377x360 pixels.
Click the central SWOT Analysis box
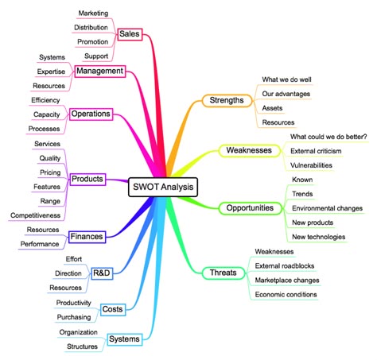pyautogui.click(x=163, y=187)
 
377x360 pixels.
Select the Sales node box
pyautogui.click(x=130, y=34)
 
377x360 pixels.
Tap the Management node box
pyautogui.click(x=100, y=71)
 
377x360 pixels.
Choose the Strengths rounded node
pyautogui.click(x=227, y=100)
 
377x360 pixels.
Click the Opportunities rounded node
pyautogui.click(x=250, y=208)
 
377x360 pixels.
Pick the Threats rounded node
pyautogui.click(x=223, y=273)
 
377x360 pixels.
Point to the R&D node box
pyautogui.click(x=102, y=273)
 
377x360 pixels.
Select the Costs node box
pyautogui.click(x=113, y=309)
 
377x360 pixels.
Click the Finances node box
pyautogui.click(x=87, y=237)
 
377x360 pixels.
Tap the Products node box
pyautogui.click(x=87, y=179)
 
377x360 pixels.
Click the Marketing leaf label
pyautogui.click(x=93, y=14)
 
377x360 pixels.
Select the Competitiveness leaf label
pyautogui.click(x=36, y=215)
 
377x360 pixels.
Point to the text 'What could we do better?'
pyautogui.click(x=328, y=137)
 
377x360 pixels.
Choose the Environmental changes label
pyautogui.click(x=327, y=208)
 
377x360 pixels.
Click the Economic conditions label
pyautogui.click(x=286, y=295)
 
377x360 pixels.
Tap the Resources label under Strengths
pyautogui.click(x=278, y=122)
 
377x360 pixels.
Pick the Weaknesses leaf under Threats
pyautogui.click(x=274, y=252)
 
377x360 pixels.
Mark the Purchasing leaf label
pyautogui.click(x=74, y=317)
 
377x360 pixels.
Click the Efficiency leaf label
pyautogui.click(x=45, y=100)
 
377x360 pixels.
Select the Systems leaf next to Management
pyautogui.click(x=52, y=57)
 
